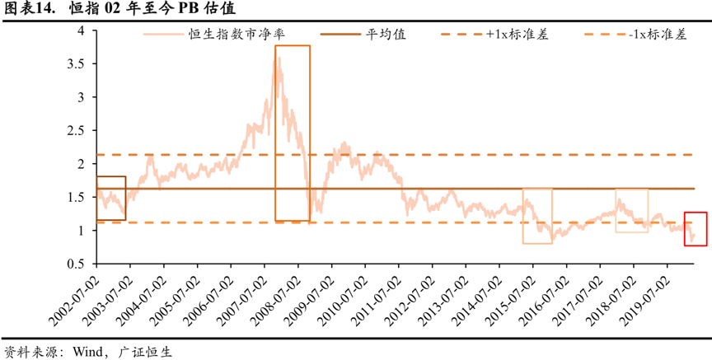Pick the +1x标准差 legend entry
point(518,35)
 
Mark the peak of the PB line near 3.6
point(278,59)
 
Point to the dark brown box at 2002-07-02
point(111,198)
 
